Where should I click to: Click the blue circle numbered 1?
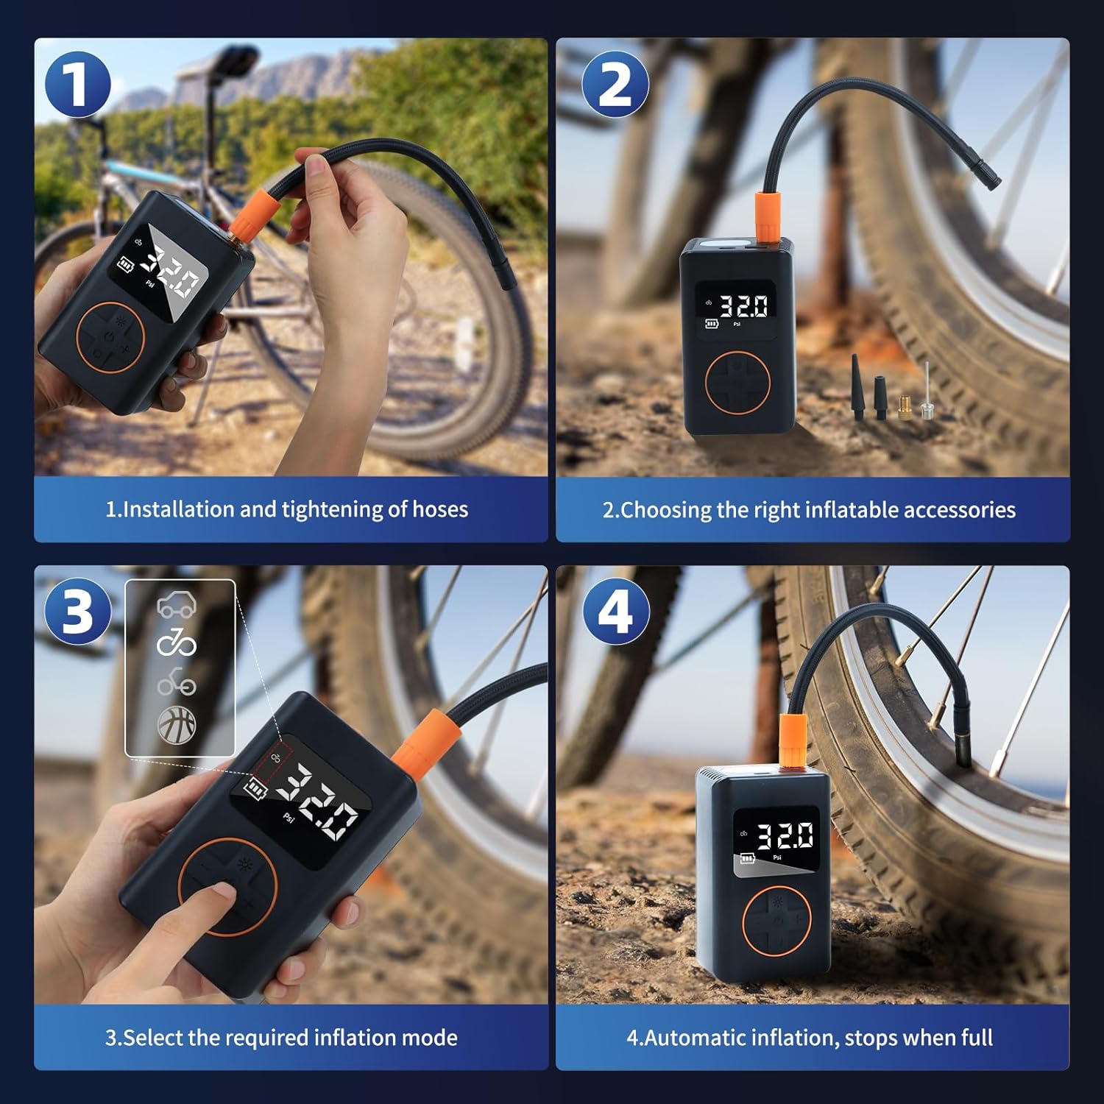[x=77, y=85]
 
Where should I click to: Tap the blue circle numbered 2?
[x=615, y=85]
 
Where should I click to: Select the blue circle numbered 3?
[x=77, y=612]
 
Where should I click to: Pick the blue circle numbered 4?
[x=615, y=612]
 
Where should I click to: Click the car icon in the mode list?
[x=177, y=606]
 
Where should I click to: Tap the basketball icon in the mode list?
[x=177, y=724]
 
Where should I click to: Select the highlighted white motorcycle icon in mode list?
[x=177, y=643]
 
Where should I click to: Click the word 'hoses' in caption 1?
[x=439, y=509]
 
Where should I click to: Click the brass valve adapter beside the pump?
[x=905, y=407]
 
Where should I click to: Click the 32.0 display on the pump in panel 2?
[x=743, y=306]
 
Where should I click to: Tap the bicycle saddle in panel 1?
[x=236, y=60]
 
